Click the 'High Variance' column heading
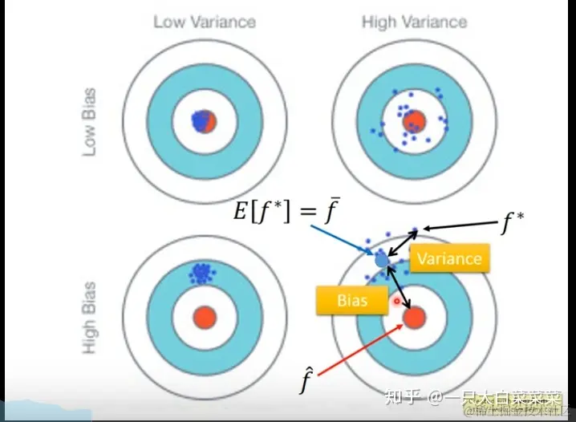coord(414,22)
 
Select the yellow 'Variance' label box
coord(449,258)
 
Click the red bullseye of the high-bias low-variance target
coord(204,317)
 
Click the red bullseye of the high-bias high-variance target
coord(414,318)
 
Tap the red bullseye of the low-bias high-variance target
coord(414,122)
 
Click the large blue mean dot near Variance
coord(382,260)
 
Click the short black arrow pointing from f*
coord(456,228)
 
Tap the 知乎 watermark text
coord(402,397)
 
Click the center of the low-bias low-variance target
coord(204,122)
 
